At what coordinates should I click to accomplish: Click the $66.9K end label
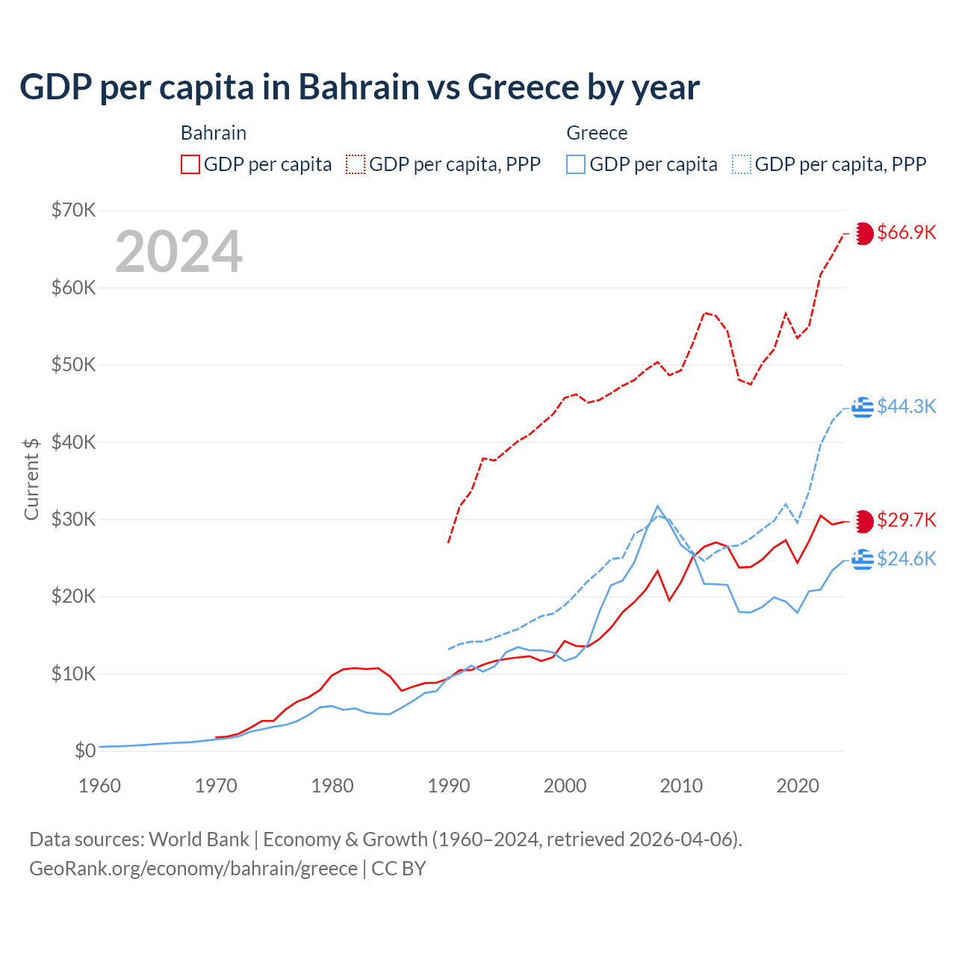pyautogui.click(x=906, y=232)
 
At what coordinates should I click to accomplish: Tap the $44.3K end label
pyautogui.click(x=906, y=406)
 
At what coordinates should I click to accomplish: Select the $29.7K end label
pyautogui.click(x=906, y=520)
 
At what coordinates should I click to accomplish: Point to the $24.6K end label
pyautogui.click(x=906, y=559)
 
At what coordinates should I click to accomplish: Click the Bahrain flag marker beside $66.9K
pyautogui.click(x=863, y=233)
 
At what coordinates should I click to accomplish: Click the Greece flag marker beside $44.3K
pyautogui.click(x=863, y=407)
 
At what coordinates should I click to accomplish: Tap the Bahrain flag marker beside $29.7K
pyautogui.click(x=863, y=521)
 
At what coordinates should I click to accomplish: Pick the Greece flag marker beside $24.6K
pyautogui.click(x=863, y=559)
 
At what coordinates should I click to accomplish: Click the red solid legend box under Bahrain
pyautogui.click(x=190, y=164)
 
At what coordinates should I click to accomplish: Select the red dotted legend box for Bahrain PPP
pyautogui.click(x=356, y=164)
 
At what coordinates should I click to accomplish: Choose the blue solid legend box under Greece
pyautogui.click(x=576, y=164)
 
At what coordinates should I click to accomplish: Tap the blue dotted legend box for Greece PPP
pyautogui.click(x=742, y=164)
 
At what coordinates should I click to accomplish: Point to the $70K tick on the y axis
pyautogui.click(x=73, y=210)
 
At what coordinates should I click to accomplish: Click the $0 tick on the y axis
pyautogui.click(x=85, y=751)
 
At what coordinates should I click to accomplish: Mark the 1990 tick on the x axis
pyautogui.click(x=448, y=786)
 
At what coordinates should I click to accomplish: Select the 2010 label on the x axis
pyautogui.click(x=681, y=786)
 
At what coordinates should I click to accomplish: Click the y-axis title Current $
pyautogui.click(x=31, y=479)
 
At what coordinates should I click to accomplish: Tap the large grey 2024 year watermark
pyautogui.click(x=179, y=252)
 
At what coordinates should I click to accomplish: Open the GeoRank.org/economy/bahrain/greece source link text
pyautogui.click(x=193, y=869)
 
